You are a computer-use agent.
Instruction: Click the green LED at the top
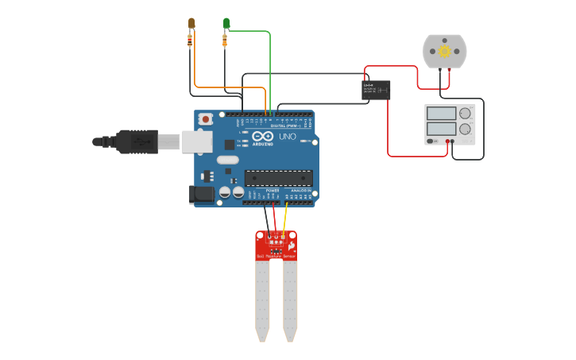pyautogui.click(x=226, y=22)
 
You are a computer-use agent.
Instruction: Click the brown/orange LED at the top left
pyautogui.click(x=191, y=22)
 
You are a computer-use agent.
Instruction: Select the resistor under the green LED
pyautogui.click(x=226, y=40)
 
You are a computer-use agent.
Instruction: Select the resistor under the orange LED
pyautogui.click(x=190, y=40)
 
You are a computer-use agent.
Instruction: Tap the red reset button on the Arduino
pyautogui.click(x=206, y=119)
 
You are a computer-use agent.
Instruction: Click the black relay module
pyautogui.click(x=376, y=88)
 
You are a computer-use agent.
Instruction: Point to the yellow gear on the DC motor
pyautogui.click(x=445, y=52)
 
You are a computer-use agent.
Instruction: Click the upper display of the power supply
pyautogui.click(x=440, y=114)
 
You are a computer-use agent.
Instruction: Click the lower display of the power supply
pyautogui.click(x=440, y=128)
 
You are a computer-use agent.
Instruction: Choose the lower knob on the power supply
pyautogui.click(x=465, y=129)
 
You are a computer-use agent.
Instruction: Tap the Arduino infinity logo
pyautogui.click(x=263, y=136)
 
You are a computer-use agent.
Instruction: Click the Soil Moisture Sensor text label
pyautogui.click(x=276, y=256)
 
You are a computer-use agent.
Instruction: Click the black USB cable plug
pyautogui.click(x=135, y=141)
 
